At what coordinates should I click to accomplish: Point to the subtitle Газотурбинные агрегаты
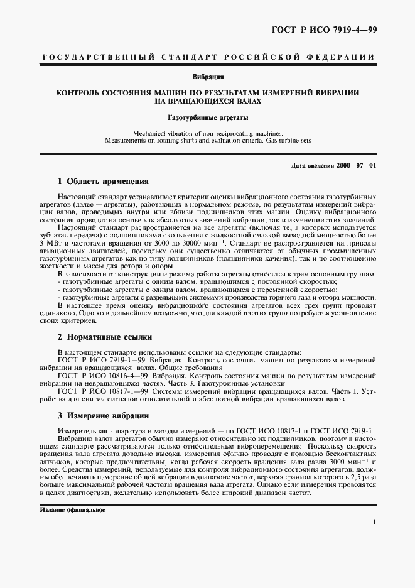(208, 117)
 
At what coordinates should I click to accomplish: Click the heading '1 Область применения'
(103, 182)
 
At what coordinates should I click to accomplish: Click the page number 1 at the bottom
(374, 521)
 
